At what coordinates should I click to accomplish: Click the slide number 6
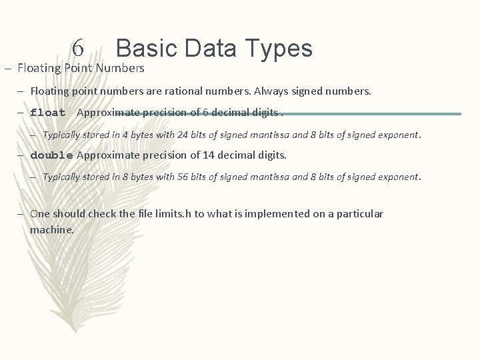click(78, 48)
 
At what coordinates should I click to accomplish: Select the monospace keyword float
click(48, 113)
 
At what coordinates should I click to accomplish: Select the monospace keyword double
click(51, 155)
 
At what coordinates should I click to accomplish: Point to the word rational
click(202, 91)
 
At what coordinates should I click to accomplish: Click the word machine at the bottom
click(51, 229)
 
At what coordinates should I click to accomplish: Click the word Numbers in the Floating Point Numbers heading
click(120, 67)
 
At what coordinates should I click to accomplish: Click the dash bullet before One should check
click(22, 214)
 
